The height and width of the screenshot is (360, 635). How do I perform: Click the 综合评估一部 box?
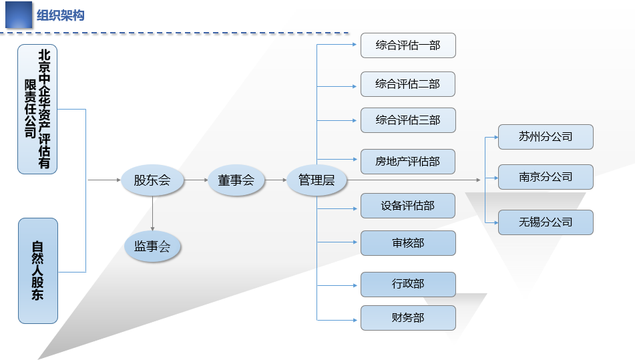pos(408,45)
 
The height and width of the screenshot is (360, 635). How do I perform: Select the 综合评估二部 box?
pos(408,84)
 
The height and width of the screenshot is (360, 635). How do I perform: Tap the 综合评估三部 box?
pos(408,120)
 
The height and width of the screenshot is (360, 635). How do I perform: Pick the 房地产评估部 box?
pos(408,162)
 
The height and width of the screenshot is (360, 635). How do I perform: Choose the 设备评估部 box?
pos(408,206)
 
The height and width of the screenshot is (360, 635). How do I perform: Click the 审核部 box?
pos(408,243)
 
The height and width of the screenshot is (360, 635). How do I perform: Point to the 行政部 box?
pos(408,285)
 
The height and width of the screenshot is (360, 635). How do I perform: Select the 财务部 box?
pos(408,318)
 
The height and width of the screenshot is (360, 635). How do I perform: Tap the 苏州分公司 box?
pos(546,137)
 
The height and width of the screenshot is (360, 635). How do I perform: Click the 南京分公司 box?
pos(546,177)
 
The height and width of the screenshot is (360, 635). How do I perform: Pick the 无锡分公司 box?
pos(546,222)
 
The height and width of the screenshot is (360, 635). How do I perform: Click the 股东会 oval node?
pos(152,180)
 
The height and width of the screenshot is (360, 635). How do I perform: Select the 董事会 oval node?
pos(236,180)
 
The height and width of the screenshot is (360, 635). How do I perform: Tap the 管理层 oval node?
pos(316,180)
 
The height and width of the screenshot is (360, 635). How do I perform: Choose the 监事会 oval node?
pos(152,246)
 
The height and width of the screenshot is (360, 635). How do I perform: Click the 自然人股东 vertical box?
pos(38,271)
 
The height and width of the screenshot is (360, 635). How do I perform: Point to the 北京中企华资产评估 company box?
pos(37,110)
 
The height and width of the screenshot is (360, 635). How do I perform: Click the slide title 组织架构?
pos(60,15)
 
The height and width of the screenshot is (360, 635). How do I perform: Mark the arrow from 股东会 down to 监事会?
pos(153,214)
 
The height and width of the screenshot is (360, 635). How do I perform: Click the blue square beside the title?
pos(19,15)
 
